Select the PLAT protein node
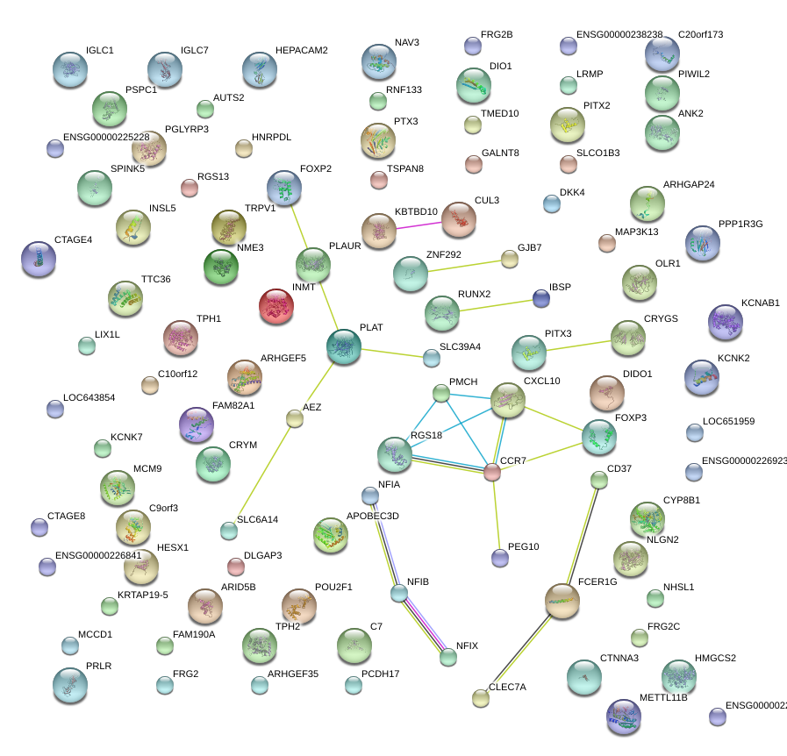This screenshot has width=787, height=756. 343,346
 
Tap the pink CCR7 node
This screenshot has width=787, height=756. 492,473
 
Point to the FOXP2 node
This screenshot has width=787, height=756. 283,188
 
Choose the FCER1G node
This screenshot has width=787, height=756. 562,601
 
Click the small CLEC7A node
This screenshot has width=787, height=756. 480,698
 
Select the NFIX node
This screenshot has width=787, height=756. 448,656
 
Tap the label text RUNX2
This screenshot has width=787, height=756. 475,294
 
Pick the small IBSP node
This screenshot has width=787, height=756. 541,299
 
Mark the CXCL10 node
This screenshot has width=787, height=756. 508,400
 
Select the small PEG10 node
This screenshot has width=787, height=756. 500,557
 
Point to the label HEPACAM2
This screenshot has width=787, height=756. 301,51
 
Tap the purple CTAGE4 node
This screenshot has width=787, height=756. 38,259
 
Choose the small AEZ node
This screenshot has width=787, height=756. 295,418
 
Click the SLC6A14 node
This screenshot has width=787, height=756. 228,531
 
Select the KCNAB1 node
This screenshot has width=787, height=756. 725,322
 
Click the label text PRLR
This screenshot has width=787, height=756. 99,667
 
